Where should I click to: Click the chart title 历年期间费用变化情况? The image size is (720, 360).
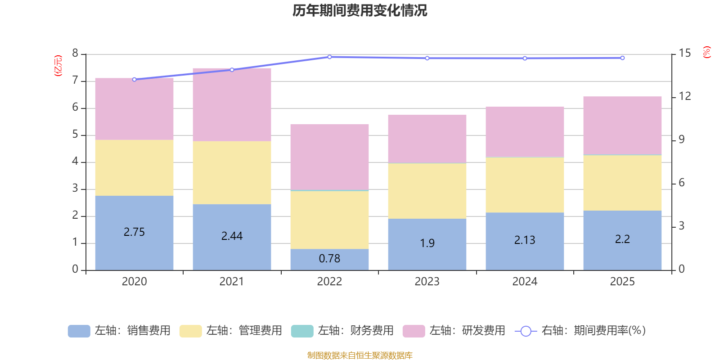(360, 11)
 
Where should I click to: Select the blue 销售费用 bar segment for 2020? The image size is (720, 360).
(135, 233)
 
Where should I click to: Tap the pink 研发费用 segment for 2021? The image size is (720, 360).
(232, 105)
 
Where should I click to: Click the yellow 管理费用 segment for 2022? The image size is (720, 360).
(329, 220)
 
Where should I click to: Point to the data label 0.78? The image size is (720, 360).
(329, 258)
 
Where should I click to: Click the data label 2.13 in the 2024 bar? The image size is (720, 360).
(525, 240)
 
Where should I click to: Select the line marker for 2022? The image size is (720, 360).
(329, 57)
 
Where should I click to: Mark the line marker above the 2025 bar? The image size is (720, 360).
(622, 58)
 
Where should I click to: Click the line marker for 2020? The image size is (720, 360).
(135, 79)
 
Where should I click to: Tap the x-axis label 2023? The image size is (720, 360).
(427, 282)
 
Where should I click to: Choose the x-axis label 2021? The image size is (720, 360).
(232, 282)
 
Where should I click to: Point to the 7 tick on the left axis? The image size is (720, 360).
(75, 80)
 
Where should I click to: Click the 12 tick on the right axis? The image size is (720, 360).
(684, 96)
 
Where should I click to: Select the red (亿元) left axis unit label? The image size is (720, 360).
(58, 66)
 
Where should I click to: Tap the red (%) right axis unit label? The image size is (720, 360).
(706, 52)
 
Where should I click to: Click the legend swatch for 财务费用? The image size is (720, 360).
(302, 331)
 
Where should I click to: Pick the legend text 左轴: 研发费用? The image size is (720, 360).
(468, 330)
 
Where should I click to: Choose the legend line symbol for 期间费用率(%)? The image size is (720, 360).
(526, 331)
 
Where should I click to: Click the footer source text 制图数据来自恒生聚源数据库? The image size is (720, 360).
(360, 355)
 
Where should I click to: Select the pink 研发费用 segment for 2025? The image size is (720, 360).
(622, 126)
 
